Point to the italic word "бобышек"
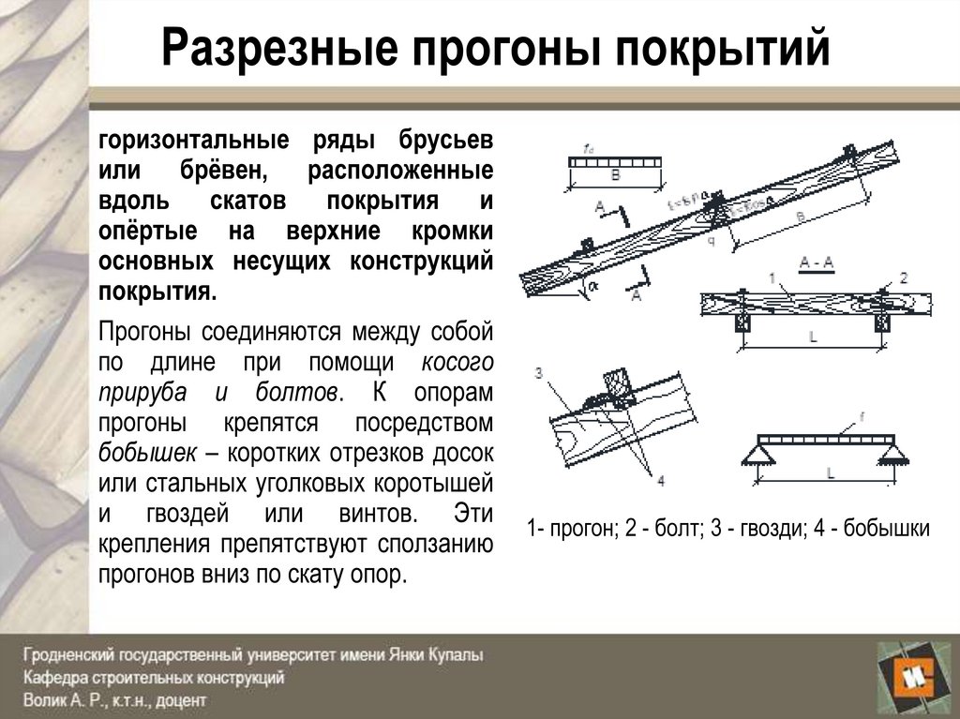click(x=147, y=453)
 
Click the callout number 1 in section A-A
click(x=771, y=278)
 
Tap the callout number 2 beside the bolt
click(x=904, y=277)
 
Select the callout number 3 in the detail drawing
click(x=538, y=372)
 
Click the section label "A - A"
click(x=817, y=263)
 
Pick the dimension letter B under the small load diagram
click(x=615, y=174)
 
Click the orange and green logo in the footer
click(x=909, y=675)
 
